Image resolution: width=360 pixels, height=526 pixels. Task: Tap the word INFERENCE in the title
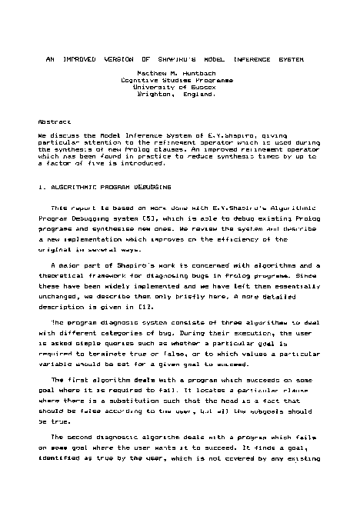coord(260,58)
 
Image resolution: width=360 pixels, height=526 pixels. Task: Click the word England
coord(199,94)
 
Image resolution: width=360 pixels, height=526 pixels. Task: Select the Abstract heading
coord(54,122)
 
